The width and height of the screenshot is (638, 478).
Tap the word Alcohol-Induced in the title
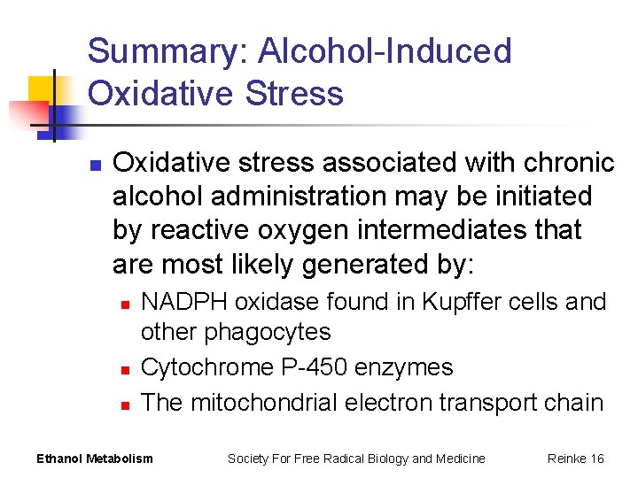(x=385, y=52)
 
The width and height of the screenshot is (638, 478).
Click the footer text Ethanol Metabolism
(x=94, y=459)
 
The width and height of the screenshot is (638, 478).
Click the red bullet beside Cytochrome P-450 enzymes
(x=125, y=369)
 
